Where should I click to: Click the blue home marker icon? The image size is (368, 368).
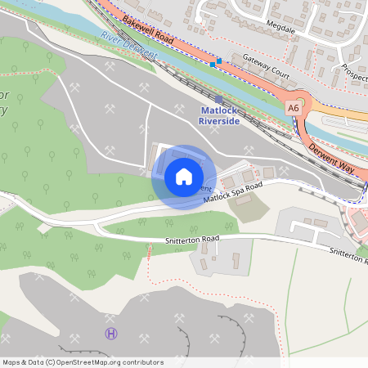(x=184, y=177)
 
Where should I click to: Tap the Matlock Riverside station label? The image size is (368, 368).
(x=220, y=115)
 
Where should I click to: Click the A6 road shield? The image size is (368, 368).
(x=293, y=106)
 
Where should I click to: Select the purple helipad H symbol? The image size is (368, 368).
(x=111, y=333)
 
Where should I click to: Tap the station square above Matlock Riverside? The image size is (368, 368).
(x=219, y=99)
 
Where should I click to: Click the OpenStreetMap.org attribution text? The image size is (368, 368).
(x=109, y=361)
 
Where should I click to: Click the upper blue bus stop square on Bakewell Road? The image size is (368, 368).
(x=219, y=61)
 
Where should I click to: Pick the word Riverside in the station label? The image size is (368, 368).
(x=220, y=121)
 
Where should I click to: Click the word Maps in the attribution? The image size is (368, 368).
(x=12, y=361)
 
